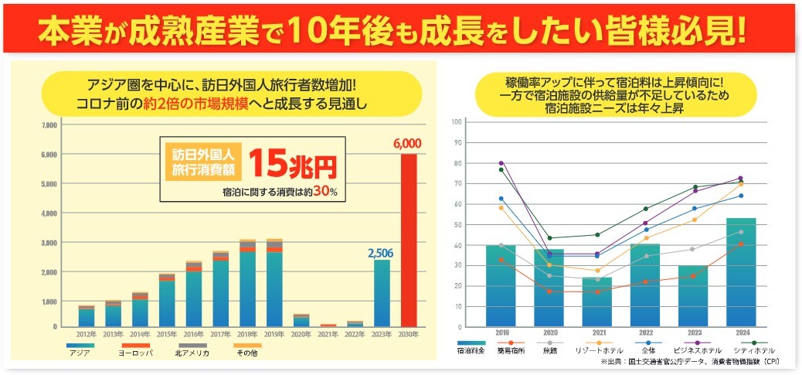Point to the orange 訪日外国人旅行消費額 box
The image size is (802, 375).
[x=202, y=160]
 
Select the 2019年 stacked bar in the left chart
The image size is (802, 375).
[x=274, y=282]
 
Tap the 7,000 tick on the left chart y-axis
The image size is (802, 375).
[x=49, y=124]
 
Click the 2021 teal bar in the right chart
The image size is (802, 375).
[x=596, y=302]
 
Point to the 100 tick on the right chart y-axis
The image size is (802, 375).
[x=457, y=122]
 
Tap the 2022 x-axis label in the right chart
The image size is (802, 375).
[x=644, y=333]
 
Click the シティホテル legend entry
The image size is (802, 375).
[x=754, y=351]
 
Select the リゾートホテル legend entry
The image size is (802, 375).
[x=600, y=351]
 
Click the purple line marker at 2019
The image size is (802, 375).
[x=501, y=163]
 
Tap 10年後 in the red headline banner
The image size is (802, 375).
[x=331, y=29]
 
